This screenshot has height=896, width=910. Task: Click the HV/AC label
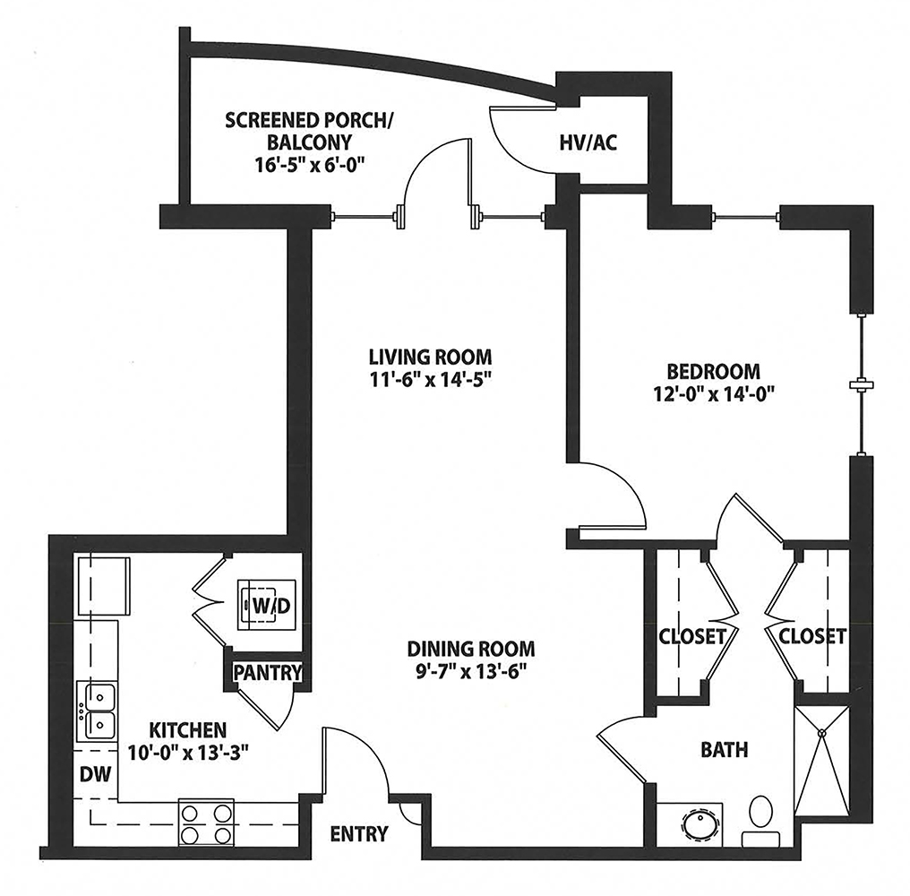588,142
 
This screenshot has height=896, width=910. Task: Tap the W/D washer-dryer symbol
266,605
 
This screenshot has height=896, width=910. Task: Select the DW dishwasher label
95,774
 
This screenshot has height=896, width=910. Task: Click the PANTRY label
268,672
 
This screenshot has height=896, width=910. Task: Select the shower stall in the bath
822,762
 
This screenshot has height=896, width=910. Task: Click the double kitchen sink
98,711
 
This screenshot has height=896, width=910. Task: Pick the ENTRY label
358,834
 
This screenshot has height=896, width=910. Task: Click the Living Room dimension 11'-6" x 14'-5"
431,380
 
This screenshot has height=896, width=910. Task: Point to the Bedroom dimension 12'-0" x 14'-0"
714,394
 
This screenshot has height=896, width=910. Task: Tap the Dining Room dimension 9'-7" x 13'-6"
470,672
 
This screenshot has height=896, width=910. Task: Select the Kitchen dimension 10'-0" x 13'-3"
188,754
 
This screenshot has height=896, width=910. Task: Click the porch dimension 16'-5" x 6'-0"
309,165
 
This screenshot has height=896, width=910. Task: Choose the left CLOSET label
691,636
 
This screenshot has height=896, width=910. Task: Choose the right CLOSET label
811,636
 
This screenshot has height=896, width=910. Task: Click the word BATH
725,750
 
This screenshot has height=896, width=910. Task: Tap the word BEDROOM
713,371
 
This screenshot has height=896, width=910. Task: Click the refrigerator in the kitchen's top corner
103,586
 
